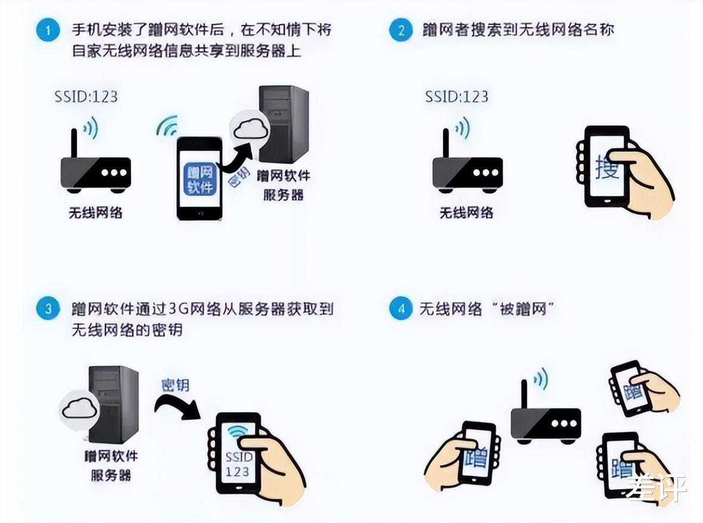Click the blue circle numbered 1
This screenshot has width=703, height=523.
tap(48, 30)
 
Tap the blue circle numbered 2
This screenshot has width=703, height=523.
tap(401, 30)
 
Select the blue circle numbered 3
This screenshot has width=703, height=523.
tap(48, 309)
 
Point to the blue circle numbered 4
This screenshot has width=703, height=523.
tap(401, 309)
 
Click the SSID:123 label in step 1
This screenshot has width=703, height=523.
tap(86, 96)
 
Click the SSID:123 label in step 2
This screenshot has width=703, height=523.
tap(456, 96)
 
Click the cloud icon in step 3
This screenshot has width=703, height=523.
tap(79, 408)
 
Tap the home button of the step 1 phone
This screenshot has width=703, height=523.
tap(200, 213)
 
